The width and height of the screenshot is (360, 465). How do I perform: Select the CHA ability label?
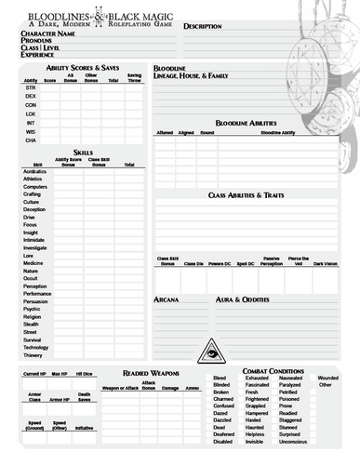[31, 139]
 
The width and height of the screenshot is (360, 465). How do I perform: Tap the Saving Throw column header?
[134, 77]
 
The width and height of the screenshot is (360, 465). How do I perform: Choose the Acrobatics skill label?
[34, 173]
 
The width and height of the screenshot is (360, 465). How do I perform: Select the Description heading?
[202, 27]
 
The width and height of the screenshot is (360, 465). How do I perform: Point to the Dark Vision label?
[326, 263]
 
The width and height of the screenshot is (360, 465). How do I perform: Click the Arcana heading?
[167, 300]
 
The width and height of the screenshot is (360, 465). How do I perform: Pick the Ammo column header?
[193, 387]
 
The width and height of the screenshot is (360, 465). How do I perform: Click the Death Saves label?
[84, 397]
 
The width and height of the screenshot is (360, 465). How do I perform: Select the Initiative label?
[85, 428]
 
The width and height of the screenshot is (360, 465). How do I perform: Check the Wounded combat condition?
[328, 379]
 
